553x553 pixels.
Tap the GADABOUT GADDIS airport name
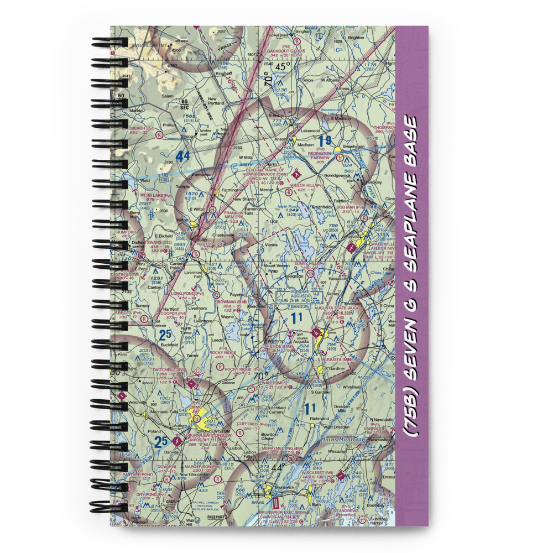point(286,51)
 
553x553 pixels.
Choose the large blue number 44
point(183,157)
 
